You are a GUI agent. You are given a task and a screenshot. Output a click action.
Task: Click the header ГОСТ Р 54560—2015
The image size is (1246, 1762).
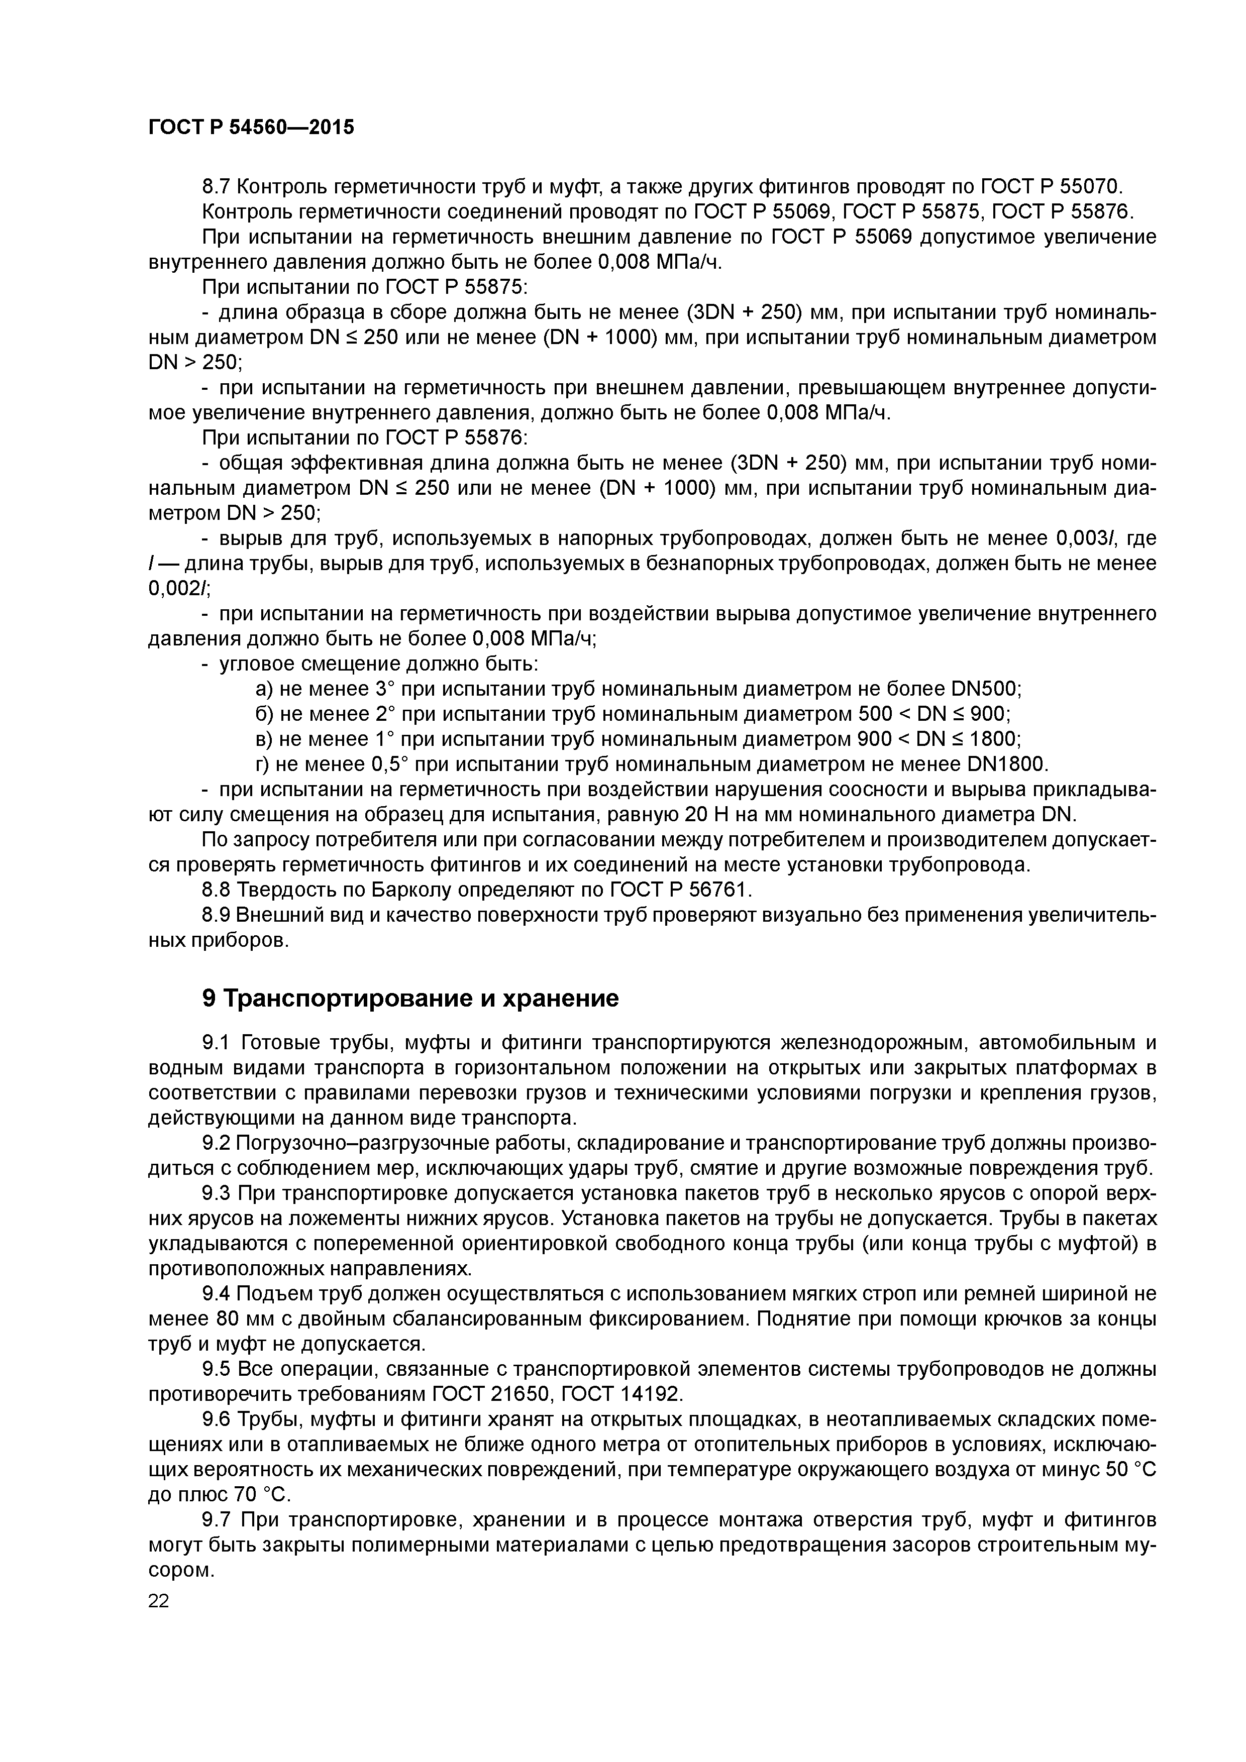[251, 128]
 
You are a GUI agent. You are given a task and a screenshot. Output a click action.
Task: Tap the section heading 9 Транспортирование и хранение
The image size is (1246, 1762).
[410, 999]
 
